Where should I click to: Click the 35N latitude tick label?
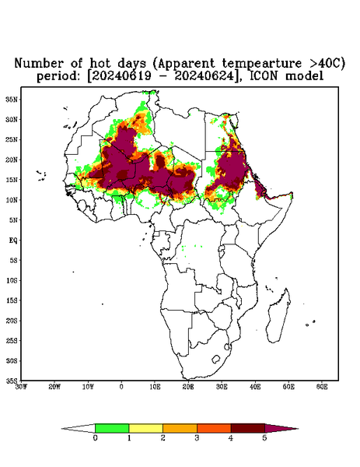[12, 99]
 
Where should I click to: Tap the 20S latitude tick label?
[12, 321]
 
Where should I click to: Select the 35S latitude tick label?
[12, 381]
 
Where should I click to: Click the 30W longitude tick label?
[21, 387]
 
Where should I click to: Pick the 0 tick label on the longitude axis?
[121, 387]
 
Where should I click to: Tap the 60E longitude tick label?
[322, 387]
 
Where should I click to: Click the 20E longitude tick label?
[188, 387]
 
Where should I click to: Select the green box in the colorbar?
[112, 428]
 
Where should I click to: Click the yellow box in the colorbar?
[145, 428]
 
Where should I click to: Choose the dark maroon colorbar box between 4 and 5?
[248, 428]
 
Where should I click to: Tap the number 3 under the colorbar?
[197, 438]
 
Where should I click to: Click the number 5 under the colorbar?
[265, 438]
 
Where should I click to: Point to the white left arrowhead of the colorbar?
[79, 428]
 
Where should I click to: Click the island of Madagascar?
[280, 316]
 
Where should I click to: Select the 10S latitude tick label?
[12, 280]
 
